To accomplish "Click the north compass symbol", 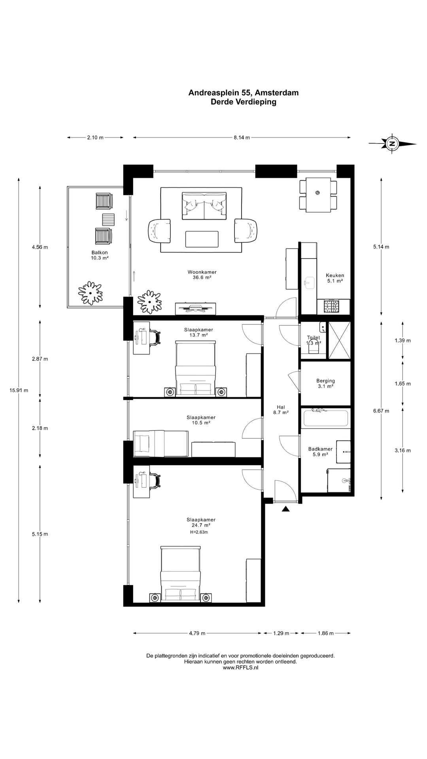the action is [x=392, y=143].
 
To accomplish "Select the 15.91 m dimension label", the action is [x=19, y=390].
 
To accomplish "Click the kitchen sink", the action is [x=309, y=282].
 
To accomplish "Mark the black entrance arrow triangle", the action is [x=285, y=509].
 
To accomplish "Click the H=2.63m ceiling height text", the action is [x=199, y=532].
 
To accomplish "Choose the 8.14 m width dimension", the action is [x=242, y=138].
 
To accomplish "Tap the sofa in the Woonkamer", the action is [x=204, y=206].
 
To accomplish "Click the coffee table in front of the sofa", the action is [x=202, y=239].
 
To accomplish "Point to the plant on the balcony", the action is [x=91, y=293].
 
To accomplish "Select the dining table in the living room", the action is [x=318, y=195].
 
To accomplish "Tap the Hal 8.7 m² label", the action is [x=281, y=410].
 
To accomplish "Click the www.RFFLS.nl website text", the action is [x=240, y=668].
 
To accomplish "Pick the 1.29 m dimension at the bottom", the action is [x=281, y=633].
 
